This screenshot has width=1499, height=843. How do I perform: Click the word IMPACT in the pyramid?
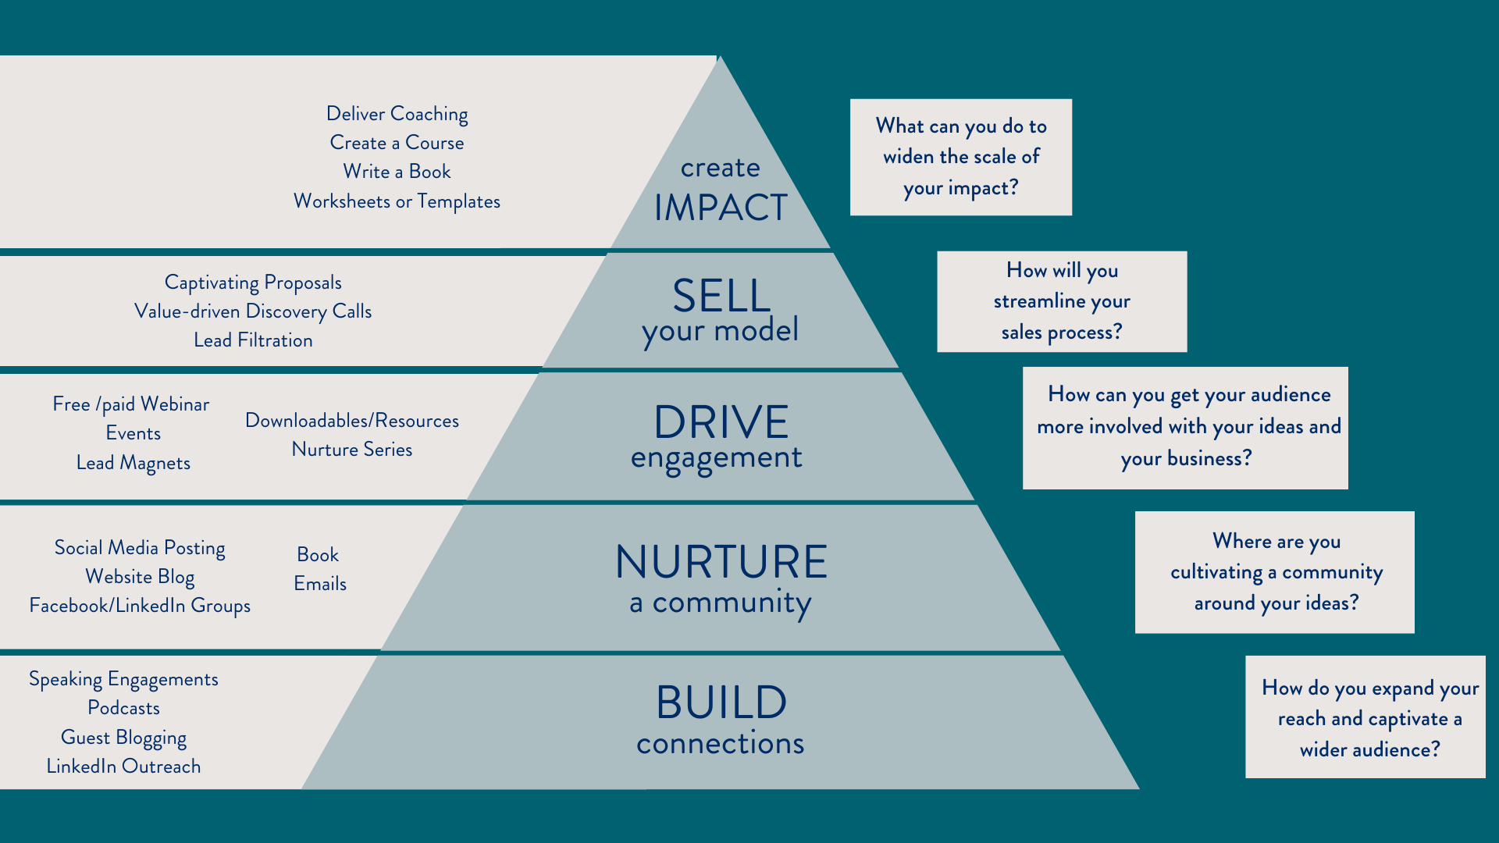coord(720,208)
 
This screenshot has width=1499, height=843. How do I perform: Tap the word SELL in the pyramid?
coord(721,296)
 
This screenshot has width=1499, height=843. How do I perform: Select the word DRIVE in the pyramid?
coord(721,422)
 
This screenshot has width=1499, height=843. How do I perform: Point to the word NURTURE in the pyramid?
coord(721,562)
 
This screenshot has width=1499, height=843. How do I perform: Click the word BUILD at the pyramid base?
coord(721,702)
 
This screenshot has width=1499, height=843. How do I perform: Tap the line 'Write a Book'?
coord(397,172)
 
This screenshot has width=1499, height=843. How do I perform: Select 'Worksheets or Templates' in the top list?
coord(397,201)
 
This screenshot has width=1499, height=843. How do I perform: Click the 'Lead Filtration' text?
coord(253,340)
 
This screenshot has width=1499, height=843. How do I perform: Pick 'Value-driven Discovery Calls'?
coord(253,311)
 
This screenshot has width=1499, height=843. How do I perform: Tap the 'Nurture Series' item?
coord(352,450)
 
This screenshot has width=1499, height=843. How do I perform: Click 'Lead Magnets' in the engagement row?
coord(134,463)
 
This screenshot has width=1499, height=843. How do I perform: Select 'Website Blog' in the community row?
coord(140,577)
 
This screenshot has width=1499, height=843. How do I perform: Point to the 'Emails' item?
coord(320,584)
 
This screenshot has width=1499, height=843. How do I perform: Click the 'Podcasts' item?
coord(123,708)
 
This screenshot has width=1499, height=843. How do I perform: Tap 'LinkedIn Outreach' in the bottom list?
coord(123,767)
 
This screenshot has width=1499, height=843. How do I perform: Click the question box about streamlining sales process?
coord(1062,301)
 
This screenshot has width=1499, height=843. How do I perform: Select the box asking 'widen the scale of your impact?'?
coord(960,157)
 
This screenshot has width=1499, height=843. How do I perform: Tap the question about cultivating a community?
coord(1274,572)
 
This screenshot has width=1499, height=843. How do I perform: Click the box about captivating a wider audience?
coord(1365,717)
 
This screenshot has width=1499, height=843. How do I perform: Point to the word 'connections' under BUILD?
coord(720,744)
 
